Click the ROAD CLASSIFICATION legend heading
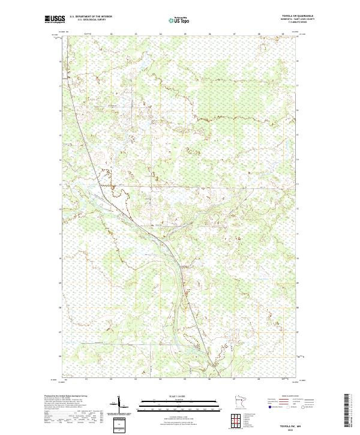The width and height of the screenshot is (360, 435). [x=290, y=397]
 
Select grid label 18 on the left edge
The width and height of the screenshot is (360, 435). [x=60, y=62]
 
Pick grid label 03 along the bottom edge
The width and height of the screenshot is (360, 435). [x=136, y=379]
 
